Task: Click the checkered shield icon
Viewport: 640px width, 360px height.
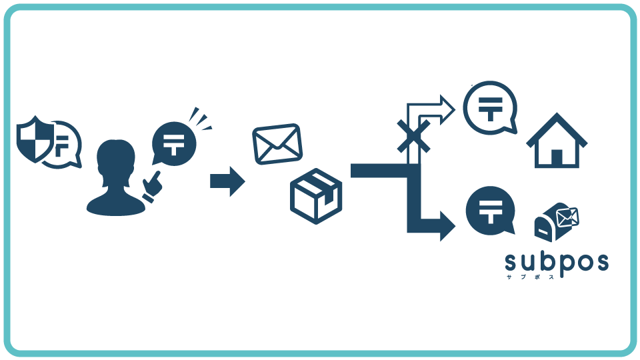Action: [x=35, y=139]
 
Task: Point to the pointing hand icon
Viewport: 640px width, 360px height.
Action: [x=152, y=187]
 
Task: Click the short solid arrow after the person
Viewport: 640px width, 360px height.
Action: [x=227, y=181]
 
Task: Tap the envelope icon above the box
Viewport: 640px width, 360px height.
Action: [x=277, y=144]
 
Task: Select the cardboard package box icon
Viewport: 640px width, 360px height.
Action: [x=316, y=196]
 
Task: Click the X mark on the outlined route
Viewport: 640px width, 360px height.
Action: [x=414, y=136]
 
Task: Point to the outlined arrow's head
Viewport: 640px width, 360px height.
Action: [x=447, y=109]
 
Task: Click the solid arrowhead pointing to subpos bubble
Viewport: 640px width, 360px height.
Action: [x=447, y=226]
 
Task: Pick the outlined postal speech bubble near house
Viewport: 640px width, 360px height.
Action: [x=490, y=108]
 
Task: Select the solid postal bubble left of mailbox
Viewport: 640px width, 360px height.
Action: [x=490, y=211]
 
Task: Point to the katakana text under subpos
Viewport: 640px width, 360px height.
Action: [x=531, y=277]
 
